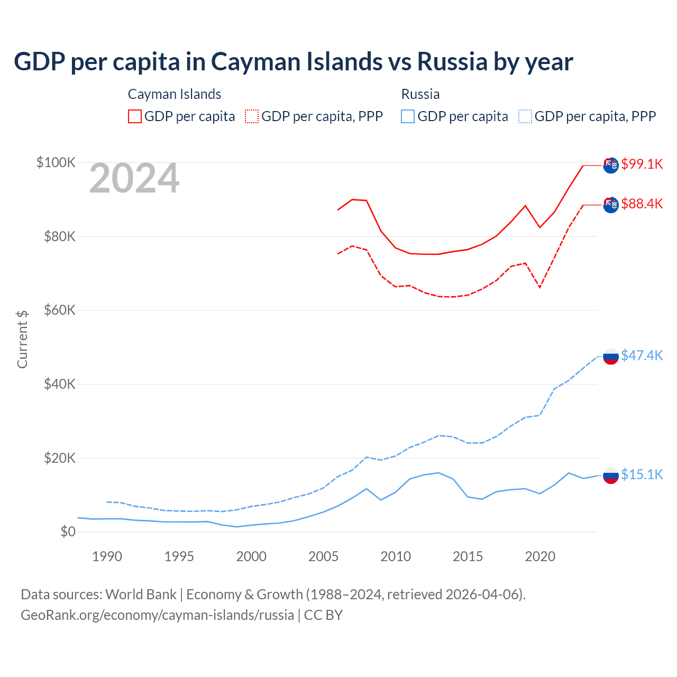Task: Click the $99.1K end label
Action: click(x=642, y=164)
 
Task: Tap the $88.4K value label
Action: click(x=642, y=204)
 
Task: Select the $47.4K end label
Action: click(x=642, y=355)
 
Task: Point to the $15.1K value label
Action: click(x=642, y=474)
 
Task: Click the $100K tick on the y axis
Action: click(x=56, y=162)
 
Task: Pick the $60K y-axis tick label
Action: click(x=59, y=310)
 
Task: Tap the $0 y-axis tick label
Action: click(x=68, y=532)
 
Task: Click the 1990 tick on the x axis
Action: click(x=107, y=556)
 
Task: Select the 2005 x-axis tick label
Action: click(x=324, y=556)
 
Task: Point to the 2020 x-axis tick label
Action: click(x=540, y=556)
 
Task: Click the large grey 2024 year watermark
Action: click(x=134, y=179)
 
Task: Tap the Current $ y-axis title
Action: click(x=22, y=340)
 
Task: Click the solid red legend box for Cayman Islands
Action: click(x=135, y=116)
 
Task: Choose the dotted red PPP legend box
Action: click(x=252, y=116)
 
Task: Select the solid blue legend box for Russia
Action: click(x=408, y=116)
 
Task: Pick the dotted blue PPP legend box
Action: click(x=525, y=116)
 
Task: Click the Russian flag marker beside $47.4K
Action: click(x=611, y=356)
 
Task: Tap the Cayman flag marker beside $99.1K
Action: click(x=611, y=165)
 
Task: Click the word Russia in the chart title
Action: click(x=452, y=62)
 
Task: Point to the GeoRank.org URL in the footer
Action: click(x=157, y=615)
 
